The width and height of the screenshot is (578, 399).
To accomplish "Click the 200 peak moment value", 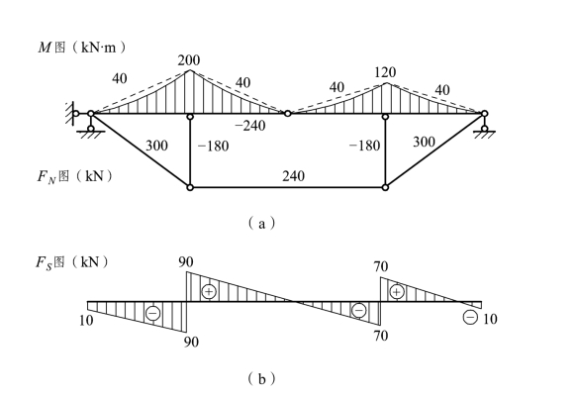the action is click(189, 60).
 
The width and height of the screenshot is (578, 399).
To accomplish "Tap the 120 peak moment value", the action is click(385, 72).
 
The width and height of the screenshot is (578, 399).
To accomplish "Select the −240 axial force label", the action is click(250, 126).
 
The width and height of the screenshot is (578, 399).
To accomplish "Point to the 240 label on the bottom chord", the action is click(293, 176).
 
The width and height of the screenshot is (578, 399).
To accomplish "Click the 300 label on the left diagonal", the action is click(156, 146).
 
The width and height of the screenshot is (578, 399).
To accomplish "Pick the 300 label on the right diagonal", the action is click(424, 142).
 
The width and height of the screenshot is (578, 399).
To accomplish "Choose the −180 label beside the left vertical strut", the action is click(213, 147).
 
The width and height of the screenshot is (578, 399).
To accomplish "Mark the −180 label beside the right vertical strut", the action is click(364, 146).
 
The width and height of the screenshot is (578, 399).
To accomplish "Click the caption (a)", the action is click(261, 224).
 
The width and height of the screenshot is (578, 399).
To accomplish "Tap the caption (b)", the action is click(261, 379).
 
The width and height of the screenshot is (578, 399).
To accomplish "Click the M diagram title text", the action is click(82, 48).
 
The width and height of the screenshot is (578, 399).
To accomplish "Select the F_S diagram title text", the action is click(72, 262).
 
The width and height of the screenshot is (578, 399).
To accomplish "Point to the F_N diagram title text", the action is click(75, 176).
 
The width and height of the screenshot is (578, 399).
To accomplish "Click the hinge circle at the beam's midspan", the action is click(288, 114).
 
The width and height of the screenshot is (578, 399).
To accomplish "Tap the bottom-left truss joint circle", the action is click(190, 188).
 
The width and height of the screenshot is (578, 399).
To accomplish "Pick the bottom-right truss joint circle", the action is click(385, 188).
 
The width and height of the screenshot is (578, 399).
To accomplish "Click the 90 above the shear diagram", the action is click(186, 262).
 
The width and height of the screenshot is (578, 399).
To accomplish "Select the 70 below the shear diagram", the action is click(381, 336).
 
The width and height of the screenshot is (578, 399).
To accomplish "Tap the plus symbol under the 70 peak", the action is click(396, 292).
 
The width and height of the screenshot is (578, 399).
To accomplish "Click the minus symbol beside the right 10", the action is click(470, 317).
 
